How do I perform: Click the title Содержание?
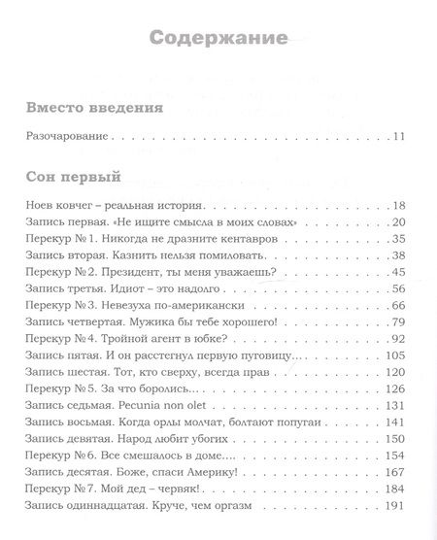[x=218, y=40]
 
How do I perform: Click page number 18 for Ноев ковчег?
[x=400, y=206]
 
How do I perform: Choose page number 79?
[x=400, y=322]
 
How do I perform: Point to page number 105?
[x=396, y=355]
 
